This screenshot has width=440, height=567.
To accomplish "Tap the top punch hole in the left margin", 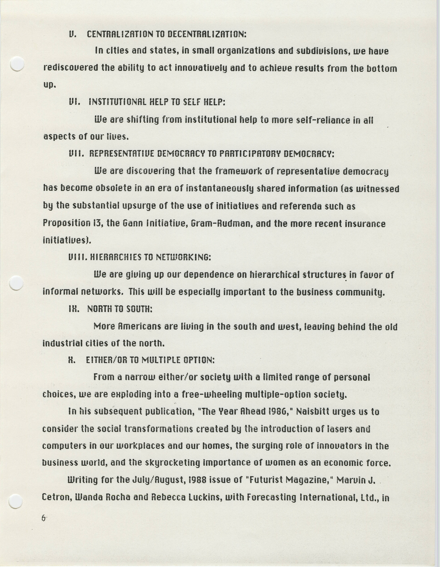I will tap(17, 64).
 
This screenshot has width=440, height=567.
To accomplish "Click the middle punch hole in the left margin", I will tap(16, 283).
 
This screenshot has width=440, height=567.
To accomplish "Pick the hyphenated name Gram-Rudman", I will tap(222, 223).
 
